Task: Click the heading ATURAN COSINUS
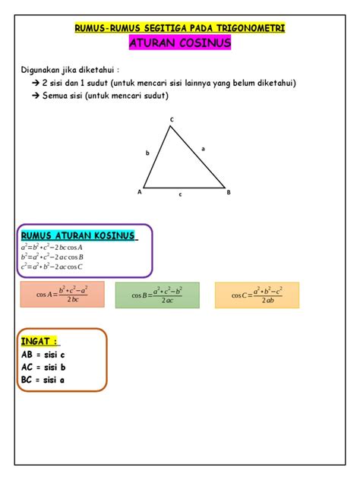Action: point(180,43)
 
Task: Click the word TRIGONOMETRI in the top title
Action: point(248,28)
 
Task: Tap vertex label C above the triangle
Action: point(172,119)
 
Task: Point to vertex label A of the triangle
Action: point(139,192)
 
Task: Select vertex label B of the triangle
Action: point(229,192)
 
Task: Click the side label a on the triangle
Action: point(203,149)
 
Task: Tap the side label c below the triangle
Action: point(181,195)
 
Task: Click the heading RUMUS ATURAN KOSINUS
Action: point(79,235)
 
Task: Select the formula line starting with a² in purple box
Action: point(52,247)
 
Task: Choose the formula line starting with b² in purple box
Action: point(52,257)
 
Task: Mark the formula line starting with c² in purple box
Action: point(52,267)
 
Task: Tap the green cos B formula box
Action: point(157,295)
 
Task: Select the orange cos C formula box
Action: point(257,295)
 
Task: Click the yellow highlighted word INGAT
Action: point(40,342)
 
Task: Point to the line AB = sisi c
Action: point(44,355)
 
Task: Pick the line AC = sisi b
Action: point(44,367)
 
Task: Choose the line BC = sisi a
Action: point(44,379)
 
